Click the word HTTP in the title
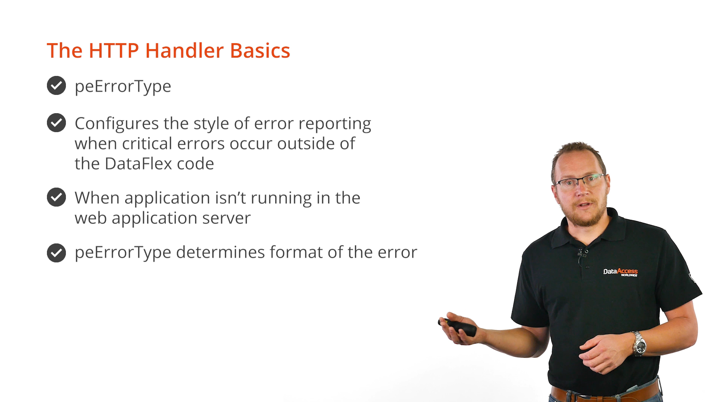pyautogui.click(x=114, y=51)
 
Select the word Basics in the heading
pyautogui.click(x=260, y=51)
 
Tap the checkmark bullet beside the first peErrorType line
pyautogui.click(x=56, y=86)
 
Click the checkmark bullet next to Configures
pyautogui.click(x=56, y=123)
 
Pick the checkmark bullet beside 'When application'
pyautogui.click(x=56, y=197)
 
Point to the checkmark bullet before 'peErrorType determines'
pyautogui.click(x=56, y=253)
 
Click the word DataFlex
pyautogui.click(x=138, y=163)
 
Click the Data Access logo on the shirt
pyautogui.click(x=620, y=272)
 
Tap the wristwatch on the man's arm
pyautogui.click(x=639, y=344)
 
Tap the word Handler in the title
pyautogui.click(x=184, y=51)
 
